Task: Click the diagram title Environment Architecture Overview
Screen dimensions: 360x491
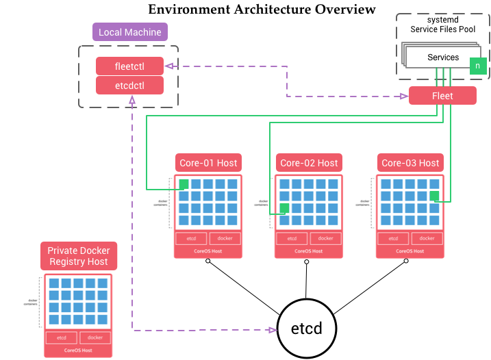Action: [262, 9]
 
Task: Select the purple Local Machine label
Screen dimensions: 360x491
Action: [130, 32]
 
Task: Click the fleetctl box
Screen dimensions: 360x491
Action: [129, 66]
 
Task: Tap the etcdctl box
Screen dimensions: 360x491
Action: [129, 85]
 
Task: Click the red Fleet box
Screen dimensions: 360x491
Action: [442, 96]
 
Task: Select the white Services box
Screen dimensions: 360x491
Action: [442, 57]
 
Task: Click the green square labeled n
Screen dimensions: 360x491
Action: [478, 66]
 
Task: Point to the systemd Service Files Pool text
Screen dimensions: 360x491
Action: [442, 24]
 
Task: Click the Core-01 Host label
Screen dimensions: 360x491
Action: [208, 163]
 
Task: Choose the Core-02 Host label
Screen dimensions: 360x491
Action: [309, 163]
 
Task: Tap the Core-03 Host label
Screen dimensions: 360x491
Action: [410, 163]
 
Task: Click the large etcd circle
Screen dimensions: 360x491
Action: [309, 330]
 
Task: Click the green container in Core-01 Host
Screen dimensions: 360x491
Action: [184, 184]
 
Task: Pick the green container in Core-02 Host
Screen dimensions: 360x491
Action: [284, 208]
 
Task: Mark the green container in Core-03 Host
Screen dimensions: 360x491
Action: [434, 196]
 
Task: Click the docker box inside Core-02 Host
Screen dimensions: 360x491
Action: [325, 238]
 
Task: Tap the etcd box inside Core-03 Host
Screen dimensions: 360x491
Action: [393, 238]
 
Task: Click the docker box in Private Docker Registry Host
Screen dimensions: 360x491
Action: [95, 337]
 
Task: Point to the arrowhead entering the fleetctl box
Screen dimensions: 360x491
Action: [168, 66]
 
